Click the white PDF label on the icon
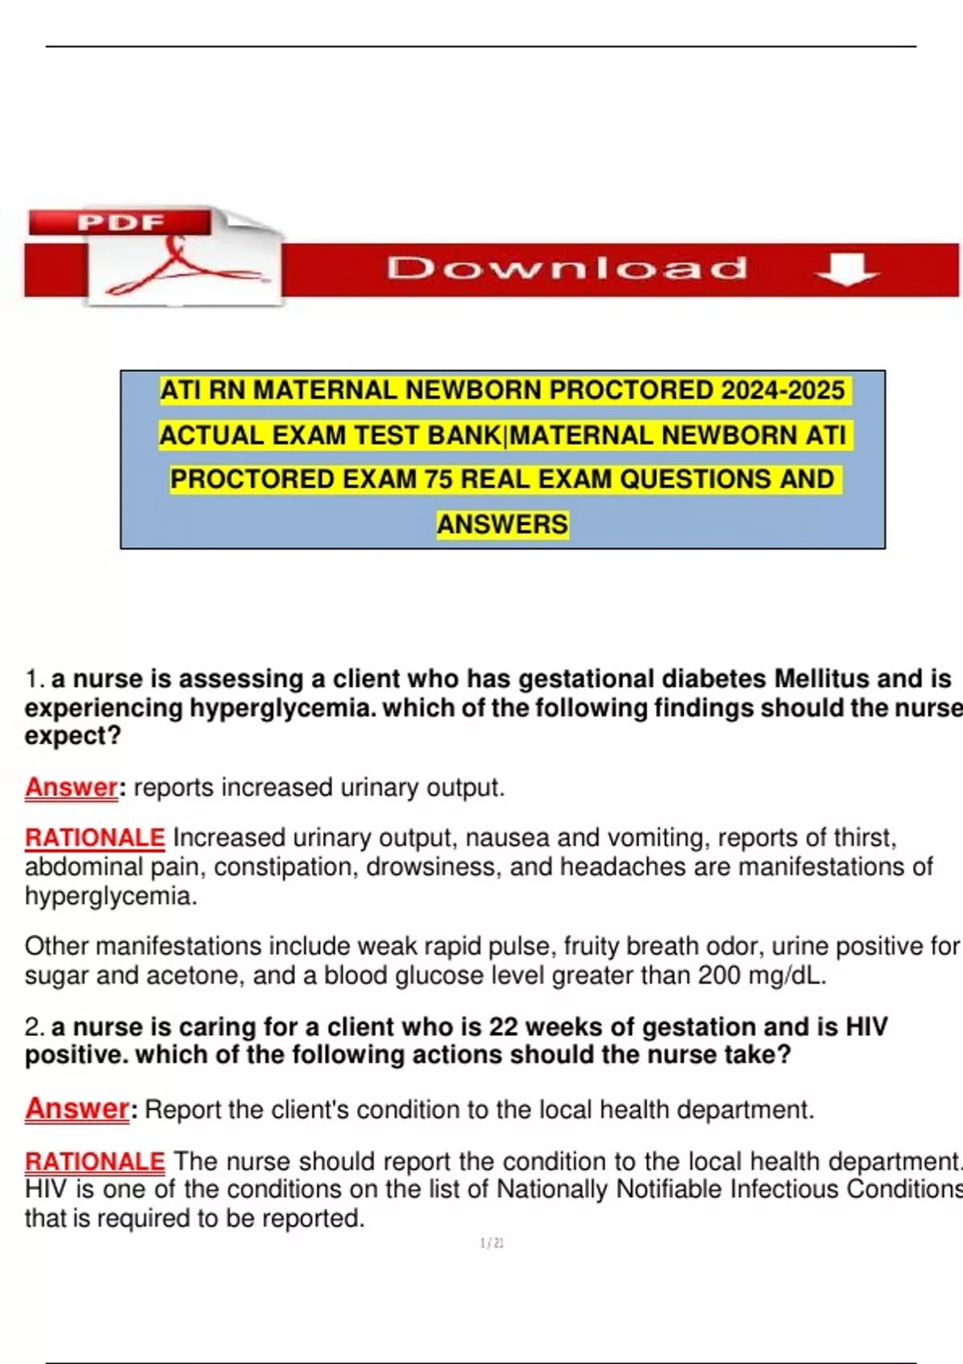[x=120, y=222]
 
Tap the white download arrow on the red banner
[x=847, y=269]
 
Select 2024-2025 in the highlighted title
[x=782, y=391]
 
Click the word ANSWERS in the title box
[x=502, y=525]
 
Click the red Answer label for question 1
[x=71, y=787]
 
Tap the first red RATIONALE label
[x=95, y=838]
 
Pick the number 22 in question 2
[x=503, y=1027]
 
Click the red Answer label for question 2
[x=77, y=1109]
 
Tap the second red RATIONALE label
[x=95, y=1161]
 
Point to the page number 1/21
[x=492, y=1243]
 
